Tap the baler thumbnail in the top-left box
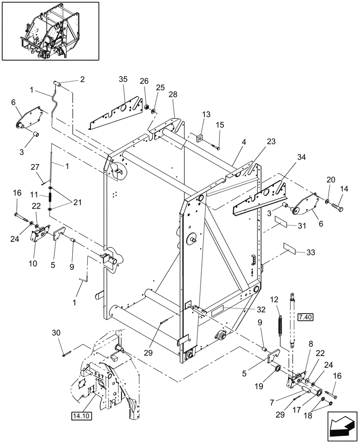[x=50, y=31]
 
